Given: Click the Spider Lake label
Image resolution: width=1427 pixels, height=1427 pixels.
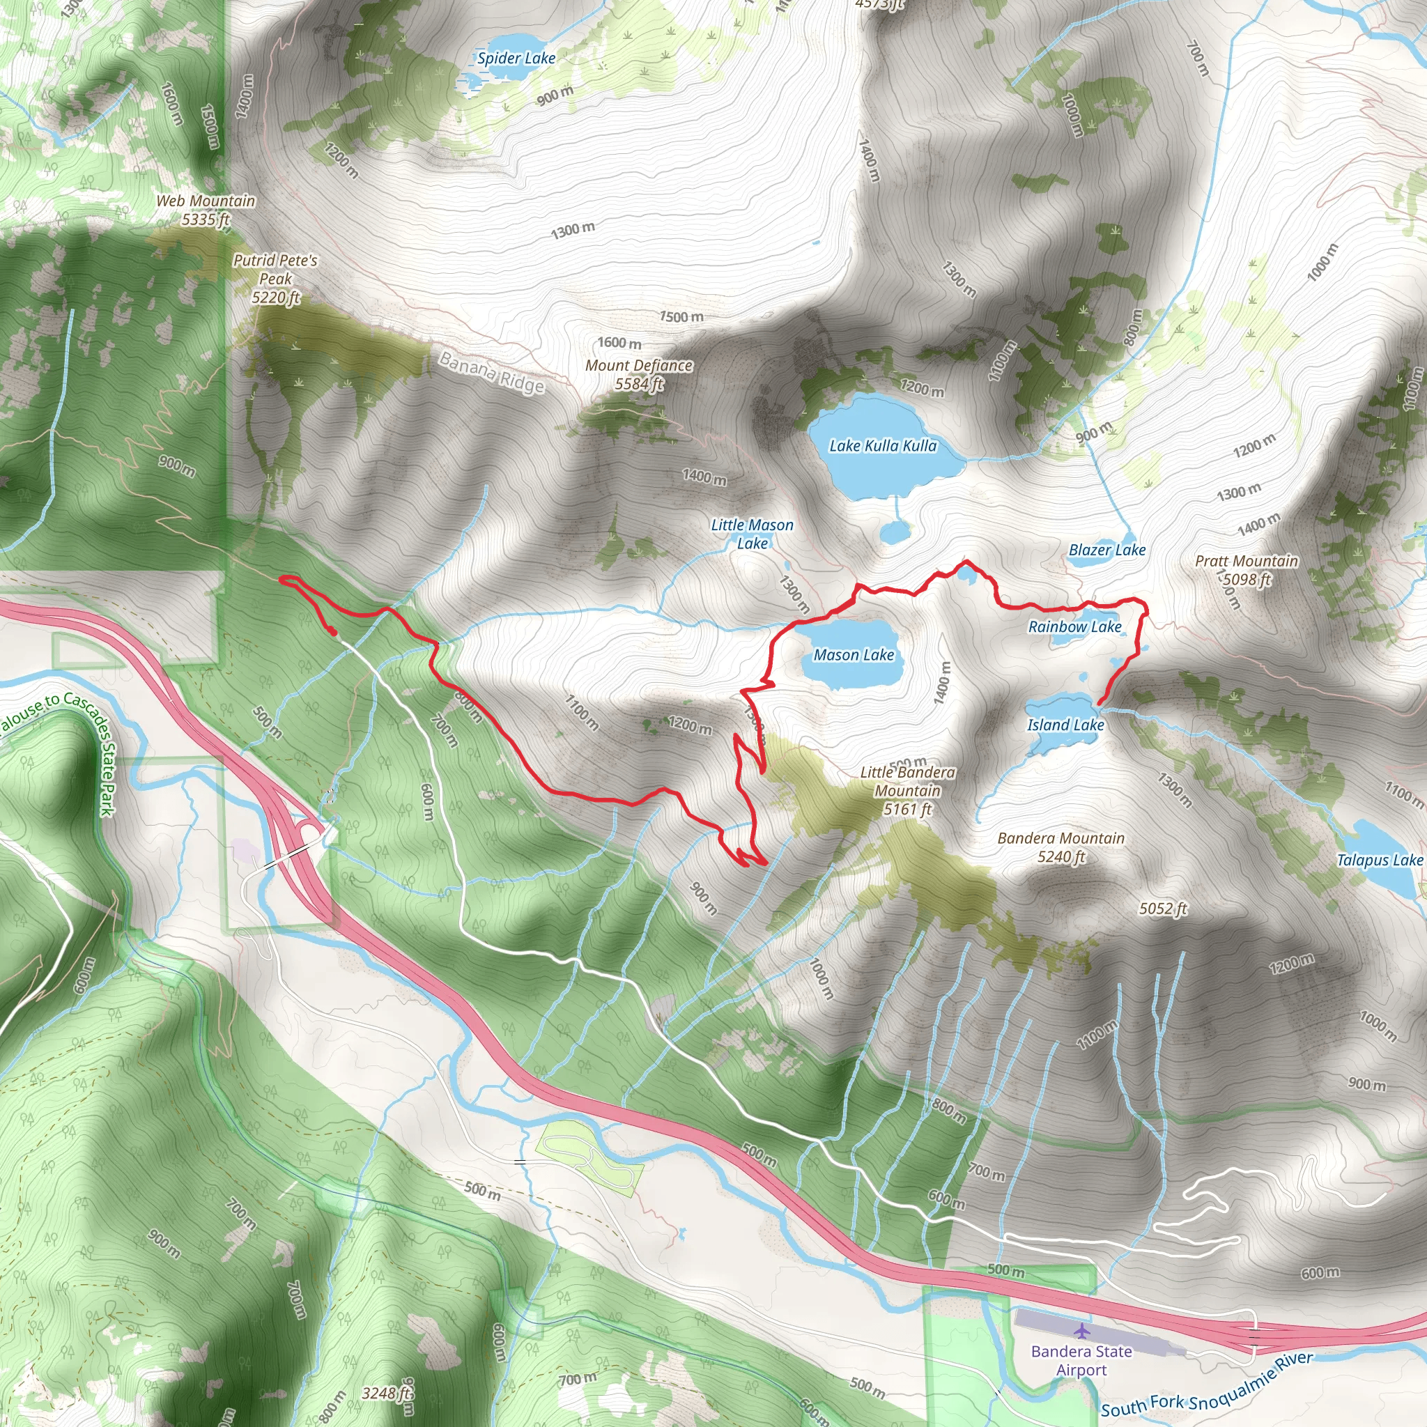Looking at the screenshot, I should pos(516,59).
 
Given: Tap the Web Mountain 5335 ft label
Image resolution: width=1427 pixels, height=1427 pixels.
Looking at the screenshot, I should pos(206,210).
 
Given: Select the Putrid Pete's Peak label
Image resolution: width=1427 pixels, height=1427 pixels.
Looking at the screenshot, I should pos(275,279).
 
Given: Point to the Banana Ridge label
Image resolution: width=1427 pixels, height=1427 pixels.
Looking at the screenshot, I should pos(491,372).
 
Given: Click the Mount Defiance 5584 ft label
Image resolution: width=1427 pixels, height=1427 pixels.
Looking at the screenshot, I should pos(639,374).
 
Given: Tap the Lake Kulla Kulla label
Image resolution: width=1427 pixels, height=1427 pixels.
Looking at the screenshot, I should pos(883,445).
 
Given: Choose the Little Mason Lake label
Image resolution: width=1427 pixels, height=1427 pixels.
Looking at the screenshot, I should pos(752,533).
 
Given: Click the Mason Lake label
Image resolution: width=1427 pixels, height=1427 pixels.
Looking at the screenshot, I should pos(854,654).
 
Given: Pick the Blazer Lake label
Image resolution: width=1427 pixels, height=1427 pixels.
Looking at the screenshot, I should pos(1106,550).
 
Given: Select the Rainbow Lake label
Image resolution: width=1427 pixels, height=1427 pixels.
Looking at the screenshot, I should pos(1074,626).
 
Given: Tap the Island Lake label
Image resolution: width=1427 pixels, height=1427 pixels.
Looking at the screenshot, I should pos(1065,725).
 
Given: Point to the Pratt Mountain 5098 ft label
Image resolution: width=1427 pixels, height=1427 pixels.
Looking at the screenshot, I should pos(1247,569).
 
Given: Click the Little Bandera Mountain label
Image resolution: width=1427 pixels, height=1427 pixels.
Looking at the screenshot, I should pos(908,790).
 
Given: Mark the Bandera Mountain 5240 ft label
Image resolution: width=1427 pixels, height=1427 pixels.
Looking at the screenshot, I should pos(1060,847).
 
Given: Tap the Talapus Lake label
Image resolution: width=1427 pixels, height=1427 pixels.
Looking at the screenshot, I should pos(1379,860).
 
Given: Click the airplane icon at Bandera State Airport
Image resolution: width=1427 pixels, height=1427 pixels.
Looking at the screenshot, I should pos(1082,1330).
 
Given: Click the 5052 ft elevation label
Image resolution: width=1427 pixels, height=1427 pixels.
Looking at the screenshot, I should pos(1163,908).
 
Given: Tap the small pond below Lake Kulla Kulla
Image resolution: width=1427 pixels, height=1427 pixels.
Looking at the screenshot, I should pos(895,531).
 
